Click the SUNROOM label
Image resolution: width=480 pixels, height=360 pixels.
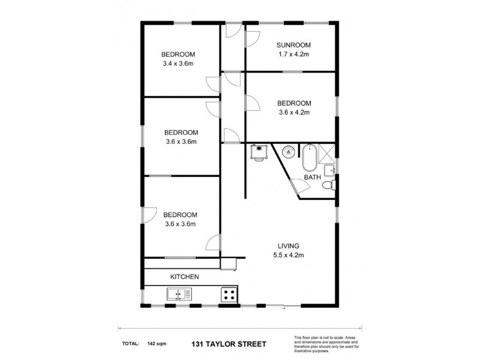(293, 45)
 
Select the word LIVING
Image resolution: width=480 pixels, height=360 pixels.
(289, 245)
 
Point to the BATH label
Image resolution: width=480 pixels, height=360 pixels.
(312, 178)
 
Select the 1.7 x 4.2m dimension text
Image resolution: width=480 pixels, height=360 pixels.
(293, 54)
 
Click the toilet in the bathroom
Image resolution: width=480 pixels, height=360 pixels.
(328, 186)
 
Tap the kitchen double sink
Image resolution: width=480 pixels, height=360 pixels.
(179, 294)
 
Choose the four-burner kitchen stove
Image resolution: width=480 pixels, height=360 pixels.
(228, 294)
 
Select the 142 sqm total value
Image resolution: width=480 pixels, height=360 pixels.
(156, 344)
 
